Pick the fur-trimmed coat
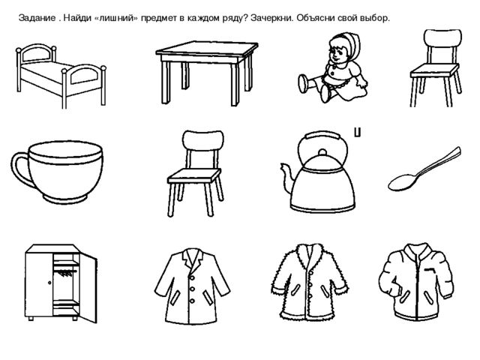[x=301, y=286]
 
